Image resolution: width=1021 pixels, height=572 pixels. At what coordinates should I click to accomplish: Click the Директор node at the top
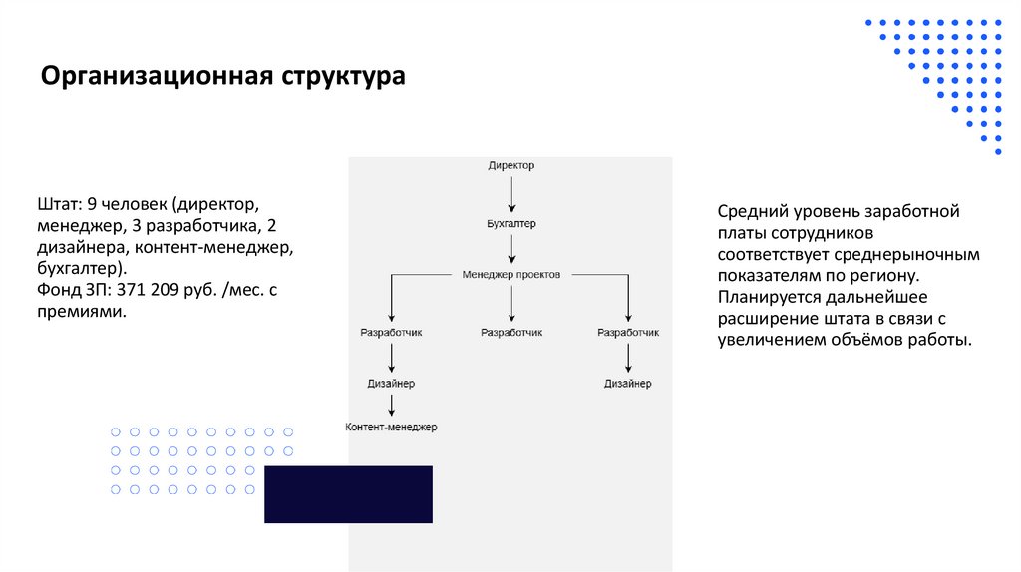(510, 165)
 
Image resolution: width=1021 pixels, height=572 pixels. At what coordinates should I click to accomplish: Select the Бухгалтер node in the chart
(510, 224)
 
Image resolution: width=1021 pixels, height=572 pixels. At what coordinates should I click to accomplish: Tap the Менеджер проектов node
(510, 273)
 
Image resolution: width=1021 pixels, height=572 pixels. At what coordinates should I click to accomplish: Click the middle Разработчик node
(510, 332)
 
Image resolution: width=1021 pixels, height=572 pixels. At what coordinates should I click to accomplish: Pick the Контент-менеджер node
(391, 427)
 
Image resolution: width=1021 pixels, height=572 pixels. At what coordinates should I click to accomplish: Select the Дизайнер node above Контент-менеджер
(391, 383)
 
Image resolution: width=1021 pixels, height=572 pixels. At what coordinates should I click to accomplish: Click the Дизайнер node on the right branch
(627, 383)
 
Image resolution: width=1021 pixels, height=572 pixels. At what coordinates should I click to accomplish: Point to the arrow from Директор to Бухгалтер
(510, 194)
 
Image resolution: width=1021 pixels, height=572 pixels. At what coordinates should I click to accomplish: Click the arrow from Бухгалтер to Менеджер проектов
(510, 249)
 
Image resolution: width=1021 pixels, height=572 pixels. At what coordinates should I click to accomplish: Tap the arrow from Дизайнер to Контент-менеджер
(391, 405)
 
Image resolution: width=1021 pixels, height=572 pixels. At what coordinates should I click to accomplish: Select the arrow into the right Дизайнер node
(627, 358)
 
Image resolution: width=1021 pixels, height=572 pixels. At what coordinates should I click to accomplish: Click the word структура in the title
(343, 77)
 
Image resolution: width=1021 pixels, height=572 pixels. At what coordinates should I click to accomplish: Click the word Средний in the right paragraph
(753, 211)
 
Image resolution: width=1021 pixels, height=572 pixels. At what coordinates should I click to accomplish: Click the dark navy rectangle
(348, 494)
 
